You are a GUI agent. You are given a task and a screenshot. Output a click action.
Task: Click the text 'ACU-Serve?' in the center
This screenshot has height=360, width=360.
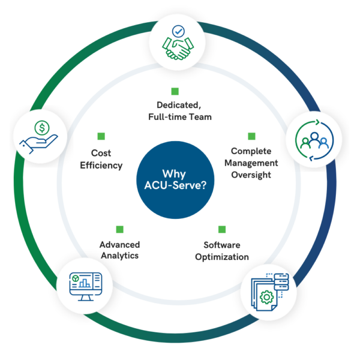coord(180,186)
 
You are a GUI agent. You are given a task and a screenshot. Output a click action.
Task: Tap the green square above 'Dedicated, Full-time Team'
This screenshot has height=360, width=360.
coord(175,91)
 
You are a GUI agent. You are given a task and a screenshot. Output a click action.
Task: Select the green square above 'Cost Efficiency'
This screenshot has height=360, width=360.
coord(101,136)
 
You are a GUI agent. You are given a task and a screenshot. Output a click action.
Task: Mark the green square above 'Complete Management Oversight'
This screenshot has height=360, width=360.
coord(252,136)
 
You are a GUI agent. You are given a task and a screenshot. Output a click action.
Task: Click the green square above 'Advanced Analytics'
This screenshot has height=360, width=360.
coord(119,229)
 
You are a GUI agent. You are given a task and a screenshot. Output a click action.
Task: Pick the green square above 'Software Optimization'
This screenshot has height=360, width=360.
coord(222,229)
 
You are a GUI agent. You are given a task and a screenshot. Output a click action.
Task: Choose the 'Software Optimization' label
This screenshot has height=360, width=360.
coord(222,251)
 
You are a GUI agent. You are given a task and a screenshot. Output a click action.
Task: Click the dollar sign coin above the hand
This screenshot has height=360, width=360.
coord(43,127)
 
